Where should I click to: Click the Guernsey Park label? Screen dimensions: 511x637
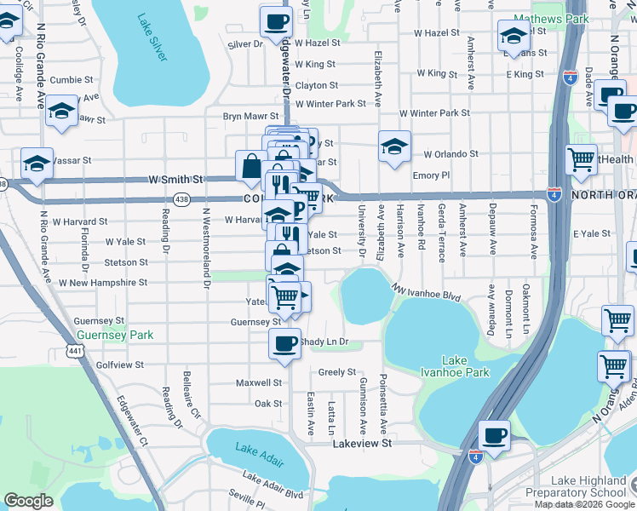(113, 335)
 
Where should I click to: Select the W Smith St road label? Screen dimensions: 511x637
(175, 180)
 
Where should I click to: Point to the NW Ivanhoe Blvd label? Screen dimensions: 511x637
(426, 293)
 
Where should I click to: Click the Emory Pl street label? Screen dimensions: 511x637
(430, 175)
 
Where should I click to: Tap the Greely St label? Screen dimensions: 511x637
(336, 372)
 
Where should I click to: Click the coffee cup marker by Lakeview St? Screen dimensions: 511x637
(494, 434)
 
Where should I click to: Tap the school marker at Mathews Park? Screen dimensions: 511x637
(513, 35)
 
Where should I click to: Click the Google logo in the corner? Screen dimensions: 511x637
(28, 501)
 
